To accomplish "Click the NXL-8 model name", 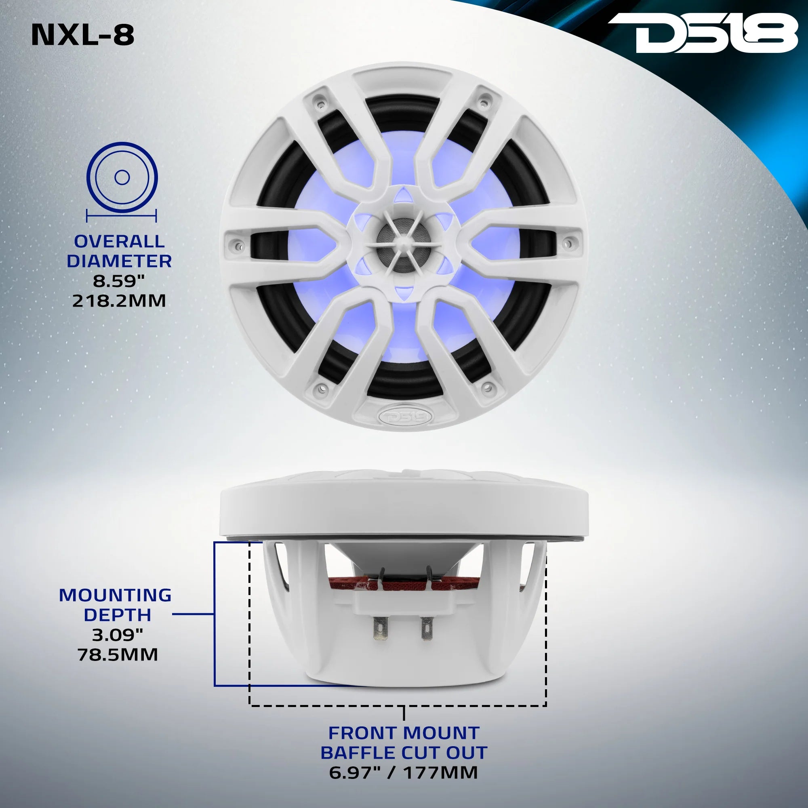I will coord(83,35).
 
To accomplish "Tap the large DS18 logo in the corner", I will coord(703,34).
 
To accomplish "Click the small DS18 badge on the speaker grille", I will coord(403,416).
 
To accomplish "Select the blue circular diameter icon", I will coord(122,178).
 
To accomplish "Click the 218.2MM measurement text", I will coord(119,301).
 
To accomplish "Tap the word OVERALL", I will coord(119,241).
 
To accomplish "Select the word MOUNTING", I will coord(115,595).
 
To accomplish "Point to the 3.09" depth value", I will coord(118,635).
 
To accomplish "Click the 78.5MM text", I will coord(118,654).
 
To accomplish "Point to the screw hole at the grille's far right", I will coord(568,241).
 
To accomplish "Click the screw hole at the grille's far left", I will coord(239,242).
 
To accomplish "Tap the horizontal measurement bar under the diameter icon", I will coord(121,216).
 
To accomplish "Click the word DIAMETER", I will coord(119,261).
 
